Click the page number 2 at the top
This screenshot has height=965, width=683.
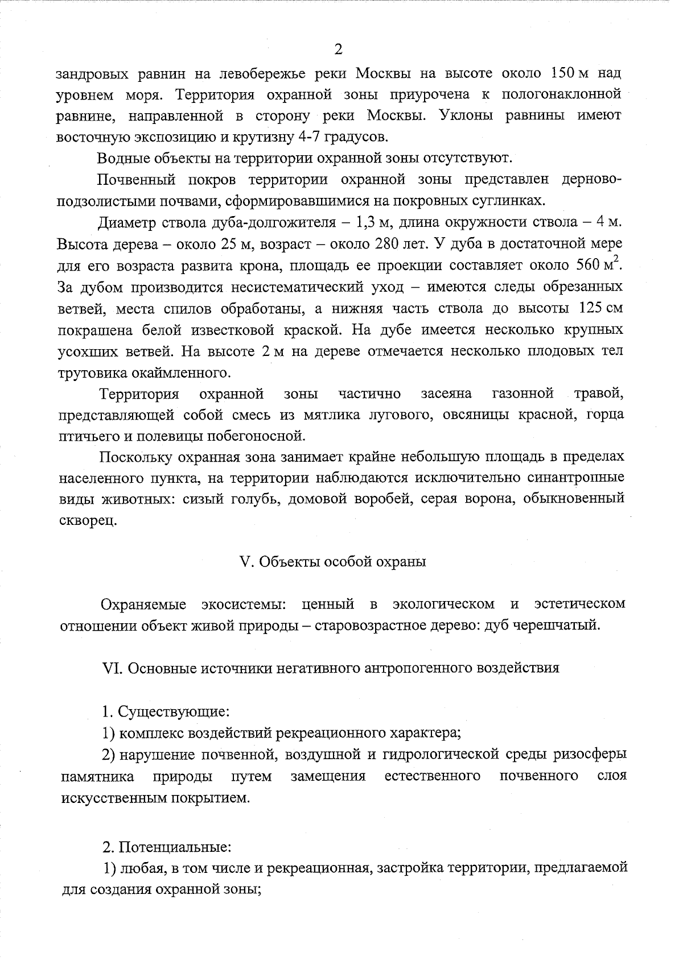point(338,49)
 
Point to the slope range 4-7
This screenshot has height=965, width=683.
point(312,136)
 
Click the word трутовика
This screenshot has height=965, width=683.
point(92,373)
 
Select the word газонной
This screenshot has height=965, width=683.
point(522,394)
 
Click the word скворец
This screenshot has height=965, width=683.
point(88,520)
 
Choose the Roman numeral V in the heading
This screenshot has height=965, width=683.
point(246,562)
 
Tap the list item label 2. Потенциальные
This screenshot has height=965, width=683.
point(166,846)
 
